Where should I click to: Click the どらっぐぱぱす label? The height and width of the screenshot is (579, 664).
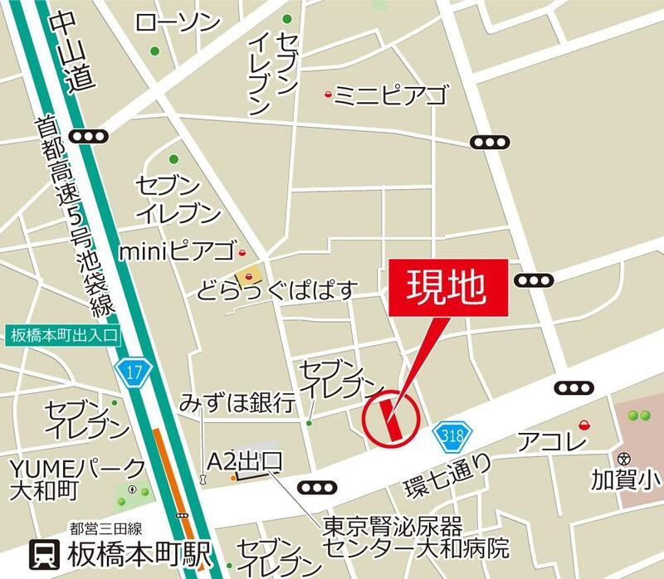(x=277, y=291)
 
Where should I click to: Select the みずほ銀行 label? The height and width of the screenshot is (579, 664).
(x=237, y=404)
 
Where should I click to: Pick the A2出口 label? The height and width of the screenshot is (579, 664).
(x=245, y=461)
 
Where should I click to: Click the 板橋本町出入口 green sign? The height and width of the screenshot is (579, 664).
(x=63, y=335)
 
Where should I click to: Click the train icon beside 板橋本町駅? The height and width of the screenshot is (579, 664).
(x=44, y=554)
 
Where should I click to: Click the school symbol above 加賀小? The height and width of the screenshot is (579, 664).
(x=624, y=457)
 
